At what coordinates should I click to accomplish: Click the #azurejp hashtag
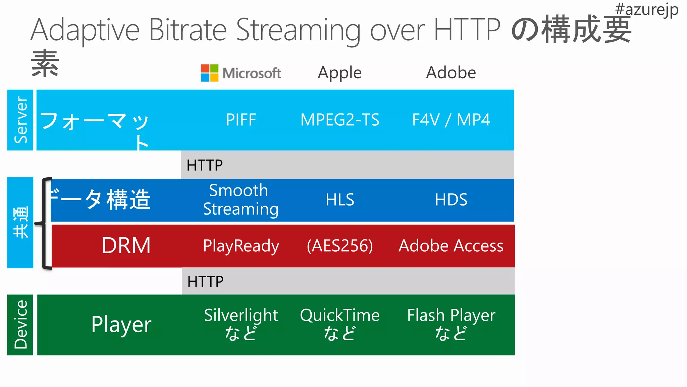click(646, 9)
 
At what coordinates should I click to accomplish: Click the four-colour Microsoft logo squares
click(210, 73)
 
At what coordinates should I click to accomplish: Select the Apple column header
click(339, 73)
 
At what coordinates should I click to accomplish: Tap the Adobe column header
click(451, 73)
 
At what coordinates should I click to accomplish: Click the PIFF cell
click(241, 120)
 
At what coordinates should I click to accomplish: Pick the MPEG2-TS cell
click(340, 120)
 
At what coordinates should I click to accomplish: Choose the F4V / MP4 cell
click(451, 120)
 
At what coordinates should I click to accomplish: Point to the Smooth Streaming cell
click(241, 200)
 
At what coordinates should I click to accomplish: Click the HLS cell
click(340, 200)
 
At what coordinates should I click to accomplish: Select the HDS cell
click(451, 200)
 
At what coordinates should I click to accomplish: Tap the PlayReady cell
click(241, 246)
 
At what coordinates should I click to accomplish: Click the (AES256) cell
click(340, 246)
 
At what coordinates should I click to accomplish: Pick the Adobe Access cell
click(451, 246)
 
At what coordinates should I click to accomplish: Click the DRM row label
click(126, 246)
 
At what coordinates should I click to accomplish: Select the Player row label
click(121, 325)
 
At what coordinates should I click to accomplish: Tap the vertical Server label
click(20, 120)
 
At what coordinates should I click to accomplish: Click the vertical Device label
click(20, 325)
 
